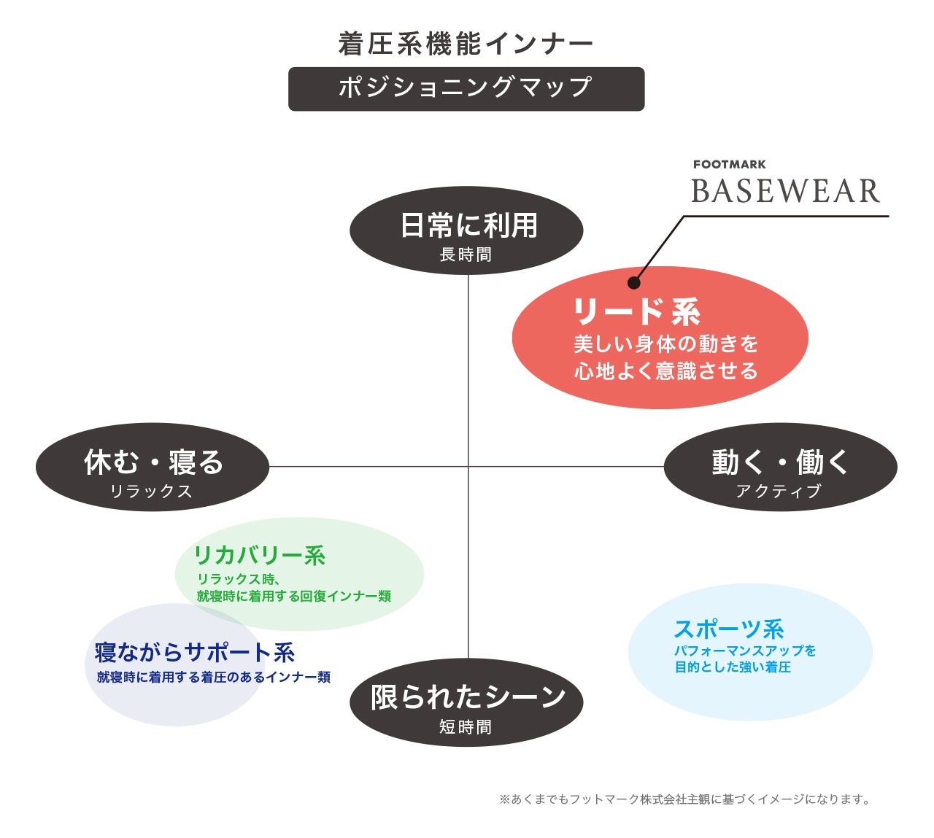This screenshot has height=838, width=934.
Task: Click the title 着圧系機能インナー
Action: (x=466, y=44)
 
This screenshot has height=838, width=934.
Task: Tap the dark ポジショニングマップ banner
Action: (x=466, y=88)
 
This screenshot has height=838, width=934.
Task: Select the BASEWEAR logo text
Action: (x=785, y=191)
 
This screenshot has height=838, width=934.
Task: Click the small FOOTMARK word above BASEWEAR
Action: (x=729, y=165)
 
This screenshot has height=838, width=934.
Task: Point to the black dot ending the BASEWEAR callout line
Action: (x=634, y=283)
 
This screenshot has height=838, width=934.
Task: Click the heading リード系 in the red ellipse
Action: (x=636, y=311)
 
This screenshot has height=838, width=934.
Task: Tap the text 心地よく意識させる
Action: (x=665, y=371)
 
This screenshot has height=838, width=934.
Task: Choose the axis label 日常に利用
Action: (x=468, y=225)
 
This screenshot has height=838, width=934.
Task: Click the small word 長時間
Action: (x=466, y=255)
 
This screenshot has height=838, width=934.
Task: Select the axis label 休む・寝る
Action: (x=153, y=462)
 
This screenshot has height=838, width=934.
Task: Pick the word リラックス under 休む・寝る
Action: (x=151, y=492)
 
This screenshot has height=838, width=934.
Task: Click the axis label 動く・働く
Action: (x=780, y=462)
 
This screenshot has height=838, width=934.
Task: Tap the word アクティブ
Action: (x=779, y=492)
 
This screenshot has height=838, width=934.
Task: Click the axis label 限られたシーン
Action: (x=468, y=697)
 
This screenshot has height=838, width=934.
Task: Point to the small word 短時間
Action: (x=466, y=727)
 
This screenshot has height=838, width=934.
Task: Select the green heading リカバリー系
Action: (x=259, y=556)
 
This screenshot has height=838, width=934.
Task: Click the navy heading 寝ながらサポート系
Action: (x=194, y=653)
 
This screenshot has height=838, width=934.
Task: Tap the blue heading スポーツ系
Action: (x=728, y=629)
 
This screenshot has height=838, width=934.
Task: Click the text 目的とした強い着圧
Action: (x=733, y=667)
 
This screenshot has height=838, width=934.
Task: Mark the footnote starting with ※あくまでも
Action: (x=684, y=799)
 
